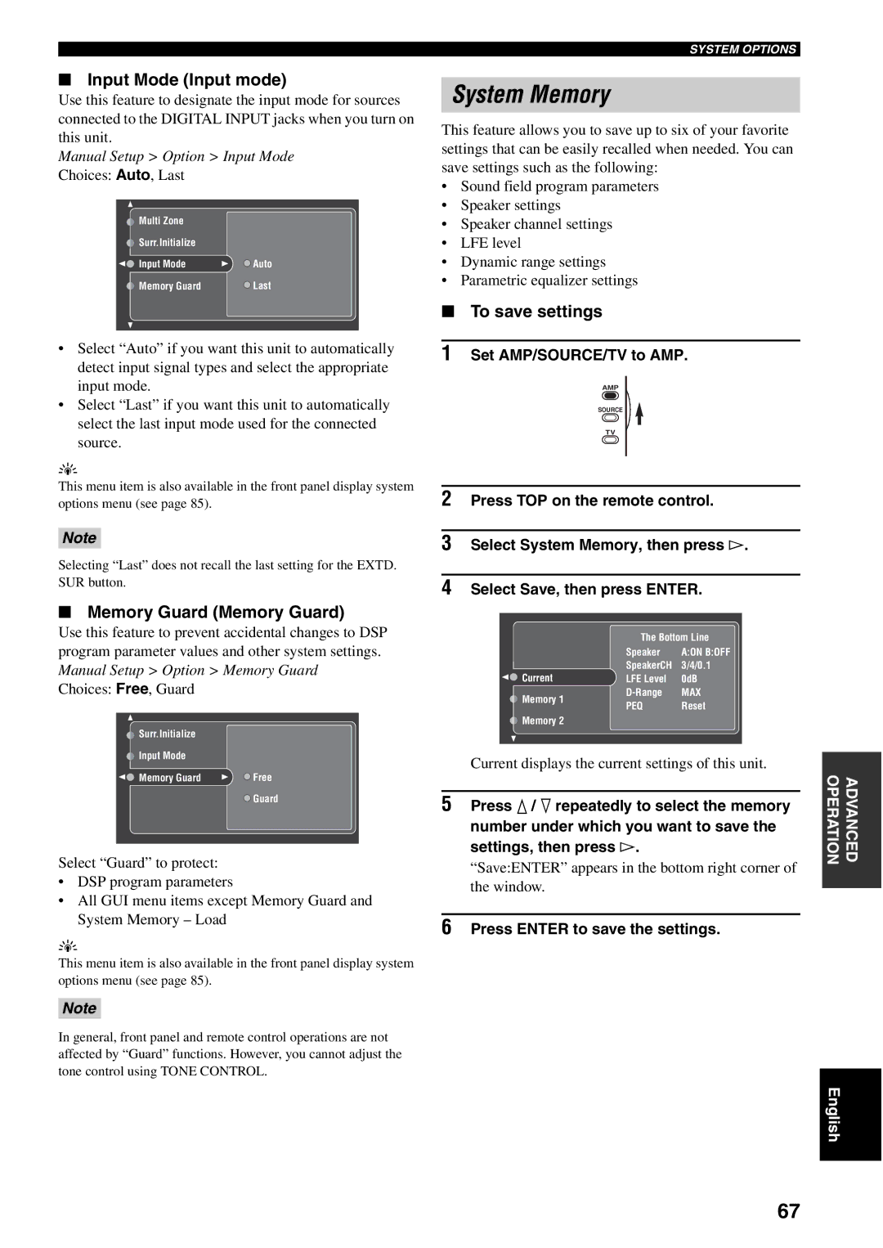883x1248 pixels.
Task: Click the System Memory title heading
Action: click(531, 95)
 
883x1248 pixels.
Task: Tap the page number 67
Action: click(788, 1211)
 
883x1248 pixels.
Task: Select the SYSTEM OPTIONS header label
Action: click(742, 49)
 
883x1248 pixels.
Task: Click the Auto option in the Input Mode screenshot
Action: click(262, 264)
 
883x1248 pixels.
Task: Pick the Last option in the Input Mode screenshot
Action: click(262, 286)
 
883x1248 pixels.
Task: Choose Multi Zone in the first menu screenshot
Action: click(161, 221)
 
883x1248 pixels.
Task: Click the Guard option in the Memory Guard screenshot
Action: click(265, 799)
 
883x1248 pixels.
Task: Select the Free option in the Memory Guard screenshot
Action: click(262, 778)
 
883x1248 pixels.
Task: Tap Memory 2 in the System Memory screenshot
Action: click(543, 721)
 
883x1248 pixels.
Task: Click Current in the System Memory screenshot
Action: click(537, 678)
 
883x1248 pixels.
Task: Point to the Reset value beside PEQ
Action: click(693, 707)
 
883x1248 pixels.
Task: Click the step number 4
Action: click(446, 587)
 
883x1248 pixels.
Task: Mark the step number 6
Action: click(446, 927)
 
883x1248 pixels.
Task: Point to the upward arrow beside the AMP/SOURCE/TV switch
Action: click(639, 414)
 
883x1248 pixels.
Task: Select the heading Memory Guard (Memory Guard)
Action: click(216, 613)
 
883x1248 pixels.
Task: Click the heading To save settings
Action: click(536, 312)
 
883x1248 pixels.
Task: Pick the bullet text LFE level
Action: click(491, 243)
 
